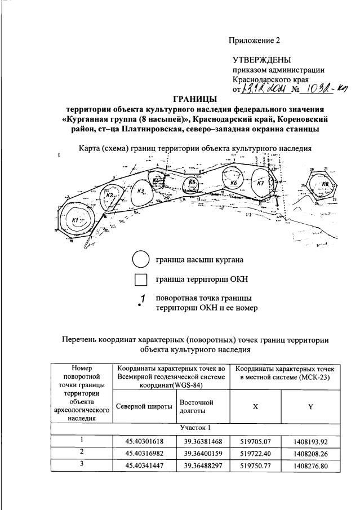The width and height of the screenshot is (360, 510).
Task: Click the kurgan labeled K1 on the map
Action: click(75, 220)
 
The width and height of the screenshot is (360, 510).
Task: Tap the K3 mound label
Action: click(141, 190)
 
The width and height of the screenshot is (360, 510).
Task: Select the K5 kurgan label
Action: click(192, 182)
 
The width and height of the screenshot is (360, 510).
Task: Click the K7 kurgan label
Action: click(260, 184)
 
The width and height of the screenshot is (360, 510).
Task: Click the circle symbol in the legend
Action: click(141, 260)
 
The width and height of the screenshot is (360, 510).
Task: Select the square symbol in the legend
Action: click(141, 280)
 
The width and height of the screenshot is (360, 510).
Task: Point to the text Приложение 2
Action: click(254, 41)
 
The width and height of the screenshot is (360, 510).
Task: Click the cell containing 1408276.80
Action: click(310, 466)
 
